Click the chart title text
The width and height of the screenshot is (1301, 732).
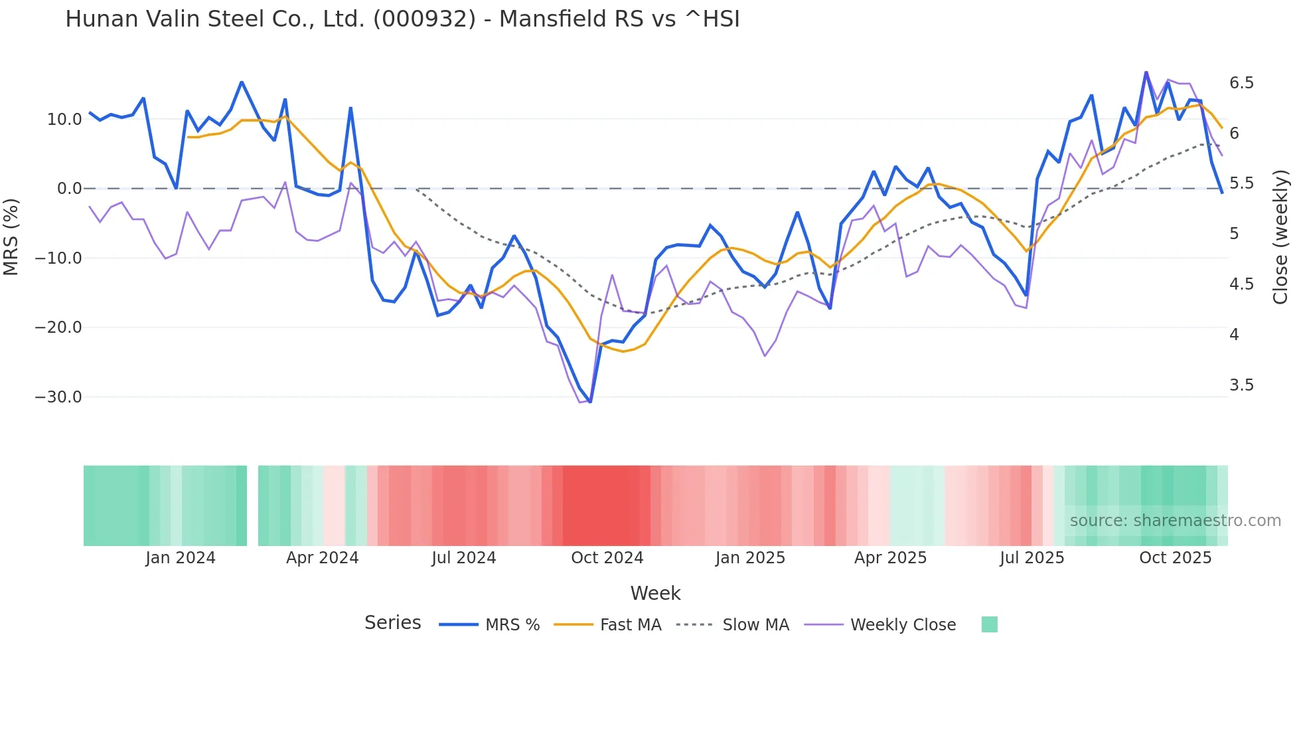[x=402, y=19]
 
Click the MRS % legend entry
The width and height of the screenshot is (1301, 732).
[x=512, y=625]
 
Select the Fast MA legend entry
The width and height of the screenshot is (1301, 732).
[x=630, y=625]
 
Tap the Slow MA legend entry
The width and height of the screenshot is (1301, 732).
[x=755, y=625]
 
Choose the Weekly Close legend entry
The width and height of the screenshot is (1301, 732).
[x=903, y=625]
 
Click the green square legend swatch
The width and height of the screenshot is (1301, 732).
[x=989, y=624]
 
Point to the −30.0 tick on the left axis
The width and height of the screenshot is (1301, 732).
[x=58, y=397]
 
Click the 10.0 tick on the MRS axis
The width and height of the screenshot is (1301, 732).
[x=64, y=120]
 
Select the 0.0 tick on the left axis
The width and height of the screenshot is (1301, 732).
[x=69, y=189]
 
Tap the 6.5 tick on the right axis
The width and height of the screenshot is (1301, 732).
[x=1241, y=83]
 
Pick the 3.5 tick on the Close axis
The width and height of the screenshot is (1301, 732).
[x=1241, y=385]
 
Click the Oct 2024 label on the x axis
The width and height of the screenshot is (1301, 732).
[x=607, y=558]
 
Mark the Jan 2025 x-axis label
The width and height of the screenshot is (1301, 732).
[x=750, y=558]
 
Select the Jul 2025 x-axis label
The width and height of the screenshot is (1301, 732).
[x=1032, y=558]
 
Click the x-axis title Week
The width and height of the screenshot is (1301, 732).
[x=655, y=593]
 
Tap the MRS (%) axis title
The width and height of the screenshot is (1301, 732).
[x=11, y=236]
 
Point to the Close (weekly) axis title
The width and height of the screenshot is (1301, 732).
[x=1280, y=236]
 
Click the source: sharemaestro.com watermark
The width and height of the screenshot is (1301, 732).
[x=1175, y=521]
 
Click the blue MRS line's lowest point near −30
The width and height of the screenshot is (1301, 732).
[x=590, y=402]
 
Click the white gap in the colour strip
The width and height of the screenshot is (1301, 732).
[x=252, y=505]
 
